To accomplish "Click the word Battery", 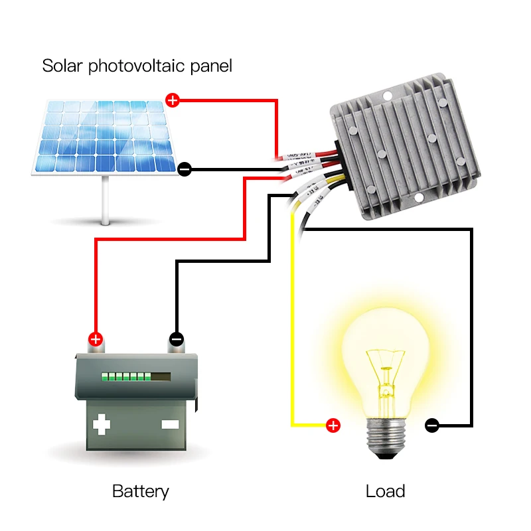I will pos(140,491).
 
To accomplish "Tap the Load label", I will pos(385,491).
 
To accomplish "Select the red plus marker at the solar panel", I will pos(173,101).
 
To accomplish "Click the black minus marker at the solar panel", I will pos(185,170).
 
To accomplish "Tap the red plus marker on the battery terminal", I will pos(96,339).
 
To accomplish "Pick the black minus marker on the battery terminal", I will pos(176,339).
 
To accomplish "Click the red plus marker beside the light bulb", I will pos(333,425).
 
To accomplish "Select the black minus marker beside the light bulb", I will pos(431,425).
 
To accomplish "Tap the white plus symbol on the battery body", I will pos(101,423).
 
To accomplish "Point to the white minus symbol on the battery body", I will pos(170,423).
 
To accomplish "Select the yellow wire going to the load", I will pos(292,332).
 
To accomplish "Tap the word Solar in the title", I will pos(62,66).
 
